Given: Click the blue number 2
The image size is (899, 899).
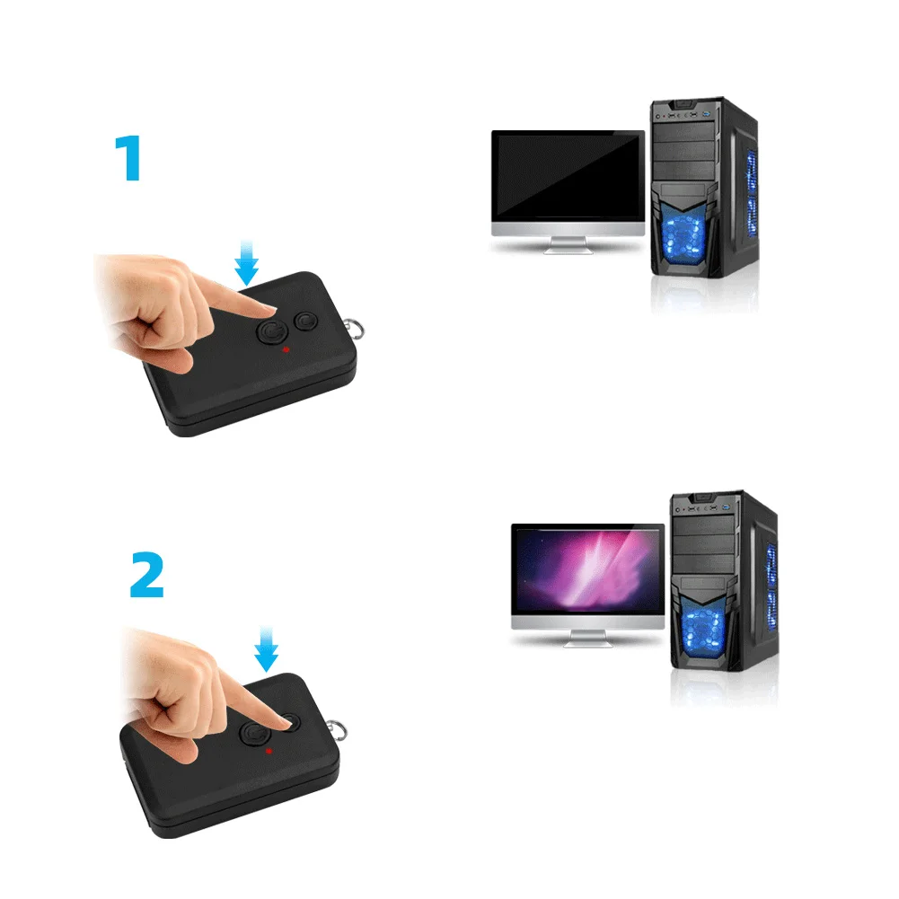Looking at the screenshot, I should click(147, 575).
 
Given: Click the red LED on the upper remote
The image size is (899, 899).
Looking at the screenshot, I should click(286, 348).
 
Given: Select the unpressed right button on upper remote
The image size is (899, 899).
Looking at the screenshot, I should click(306, 322).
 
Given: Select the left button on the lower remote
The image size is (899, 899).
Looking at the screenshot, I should click(255, 735).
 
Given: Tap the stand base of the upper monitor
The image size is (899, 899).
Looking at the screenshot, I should click(568, 249).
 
